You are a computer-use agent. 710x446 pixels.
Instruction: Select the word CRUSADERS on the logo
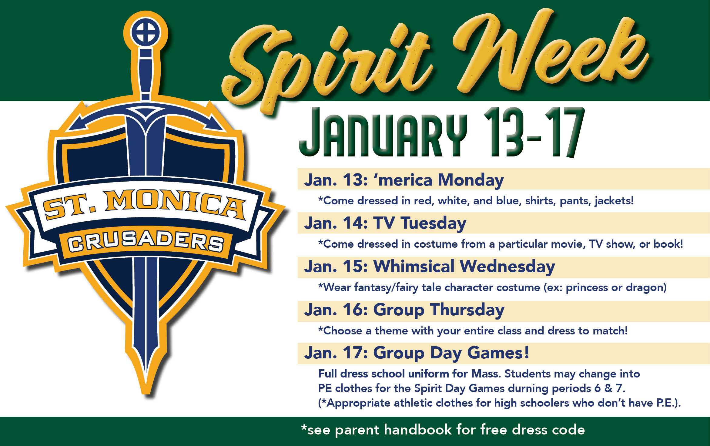(146, 243)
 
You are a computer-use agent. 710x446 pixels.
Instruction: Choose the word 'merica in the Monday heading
(404, 179)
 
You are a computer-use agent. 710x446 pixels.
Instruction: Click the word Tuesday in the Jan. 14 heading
(434, 223)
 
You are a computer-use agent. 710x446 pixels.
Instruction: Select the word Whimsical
(414, 266)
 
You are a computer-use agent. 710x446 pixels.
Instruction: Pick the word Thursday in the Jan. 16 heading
(467, 310)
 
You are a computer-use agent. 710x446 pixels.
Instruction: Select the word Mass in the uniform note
(485, 374)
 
